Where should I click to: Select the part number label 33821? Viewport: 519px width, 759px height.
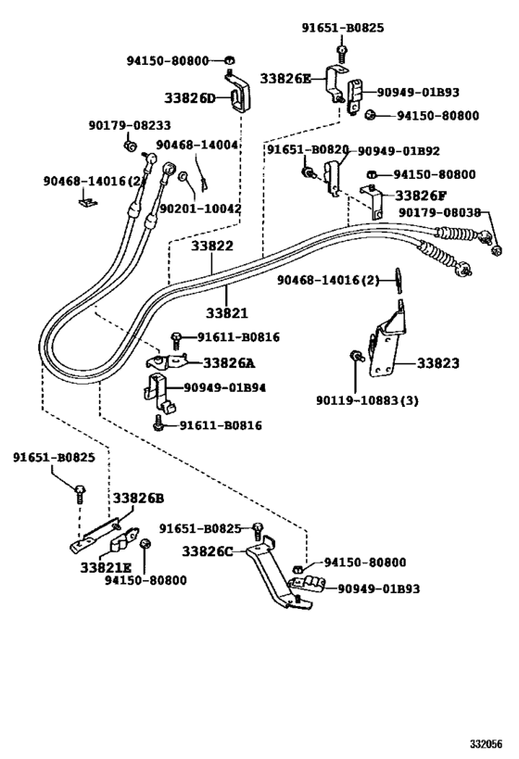[x=226, y=313]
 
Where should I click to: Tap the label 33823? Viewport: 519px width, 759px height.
[x=437, y=363]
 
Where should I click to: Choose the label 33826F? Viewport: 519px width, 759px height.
[x=423, y=196]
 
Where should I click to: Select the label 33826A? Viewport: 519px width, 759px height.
[x=231, y=363]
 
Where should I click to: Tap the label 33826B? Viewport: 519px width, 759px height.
[x=137, y=499]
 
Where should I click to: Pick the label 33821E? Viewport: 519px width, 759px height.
[x=106, y=566]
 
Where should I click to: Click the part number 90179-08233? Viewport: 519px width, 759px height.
[x=130, y=126]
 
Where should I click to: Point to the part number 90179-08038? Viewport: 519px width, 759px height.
[x=439, y=212]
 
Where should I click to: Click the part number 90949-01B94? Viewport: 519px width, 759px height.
[x=224, y=387]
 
